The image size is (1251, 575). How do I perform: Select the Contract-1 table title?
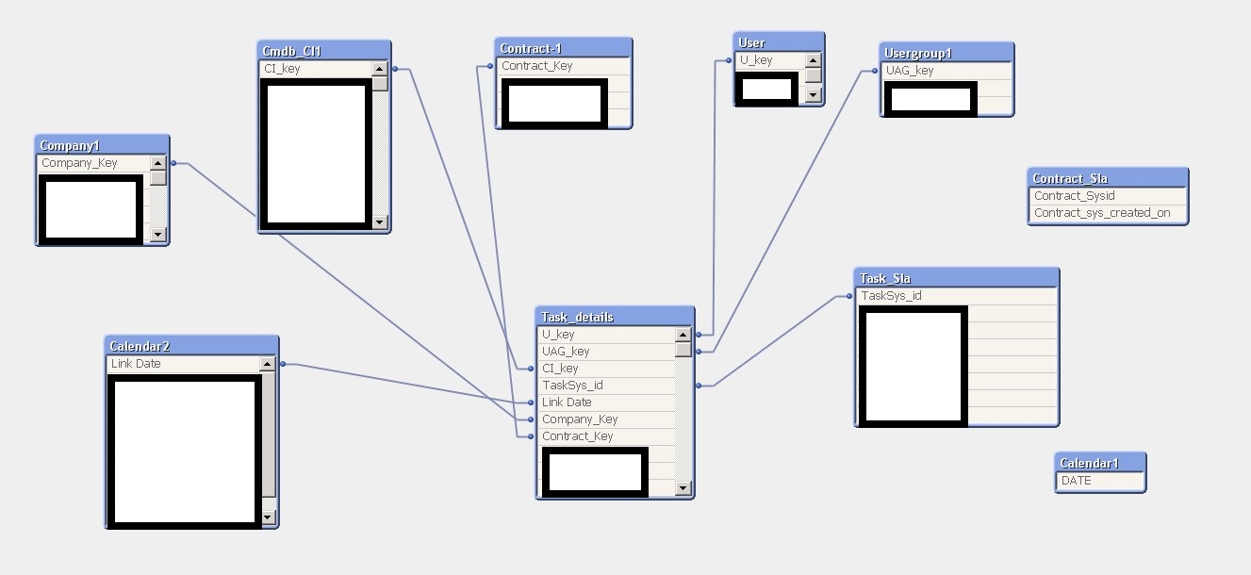(x=563, y=48)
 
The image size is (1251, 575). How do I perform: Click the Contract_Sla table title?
(x=1107, y=178)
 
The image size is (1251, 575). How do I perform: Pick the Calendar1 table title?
(x=1099, y=463)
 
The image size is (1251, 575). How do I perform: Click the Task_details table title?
(x=615, y=317)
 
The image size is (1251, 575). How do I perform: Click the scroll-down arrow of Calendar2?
(x=268, y=517)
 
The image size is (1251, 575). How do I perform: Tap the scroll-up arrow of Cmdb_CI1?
(x=380, y=69)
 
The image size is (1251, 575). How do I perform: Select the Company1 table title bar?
(x=102, y=145)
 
